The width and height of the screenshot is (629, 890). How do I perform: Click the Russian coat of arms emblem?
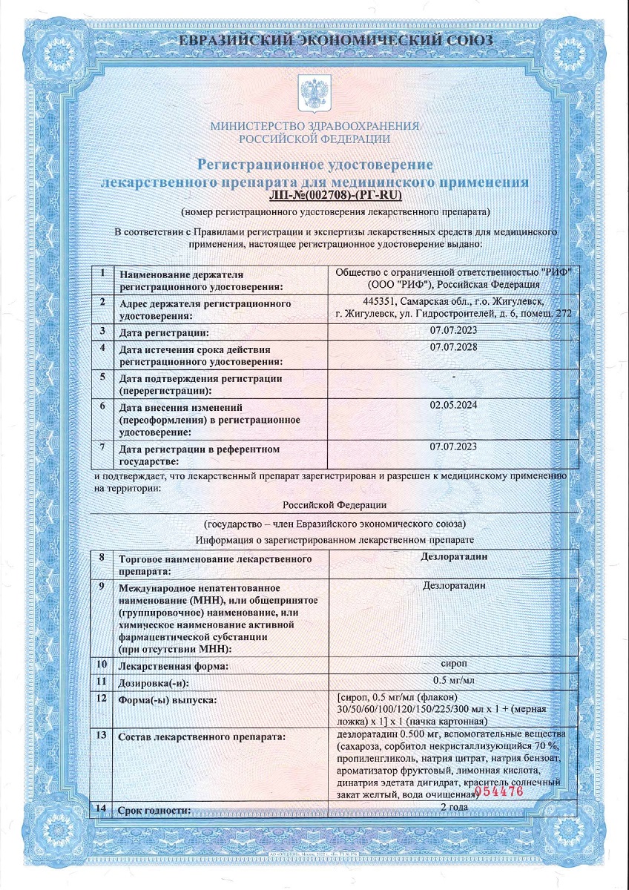(314, 92)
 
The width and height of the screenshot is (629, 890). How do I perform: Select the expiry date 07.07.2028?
(453, 347)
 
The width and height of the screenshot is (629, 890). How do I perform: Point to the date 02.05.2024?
(453, 405)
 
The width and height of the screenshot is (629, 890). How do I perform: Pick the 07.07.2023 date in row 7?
(453, 446)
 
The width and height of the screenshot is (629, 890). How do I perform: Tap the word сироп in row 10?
(454, 663)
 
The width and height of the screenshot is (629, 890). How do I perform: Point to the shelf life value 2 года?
(454, 807)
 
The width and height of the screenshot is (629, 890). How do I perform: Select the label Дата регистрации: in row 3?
(165, 332)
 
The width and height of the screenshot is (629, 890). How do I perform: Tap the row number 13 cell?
(102, 734)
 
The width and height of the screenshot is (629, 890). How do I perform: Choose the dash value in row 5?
(453, 377)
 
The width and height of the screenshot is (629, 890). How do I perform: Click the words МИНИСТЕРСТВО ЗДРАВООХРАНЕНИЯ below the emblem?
(314, 126)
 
